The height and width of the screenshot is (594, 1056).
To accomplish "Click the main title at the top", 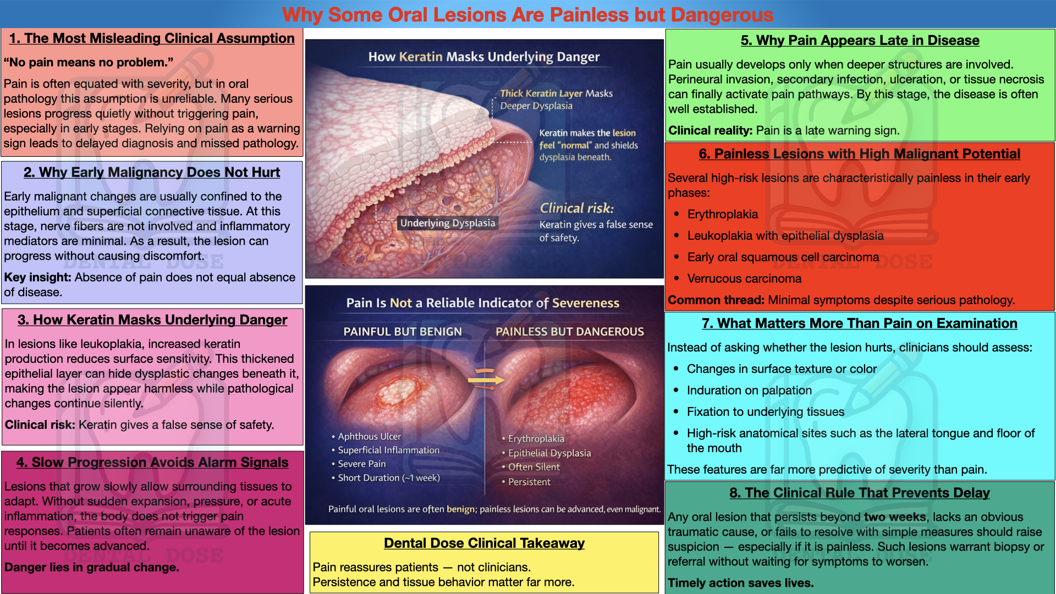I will tap(527, 15).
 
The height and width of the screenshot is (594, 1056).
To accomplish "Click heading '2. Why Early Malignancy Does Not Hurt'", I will tap(152, 173).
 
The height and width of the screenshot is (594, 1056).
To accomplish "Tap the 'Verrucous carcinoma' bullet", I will tap(744, 279).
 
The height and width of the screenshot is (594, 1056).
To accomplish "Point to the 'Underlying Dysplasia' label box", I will tap(447, 223).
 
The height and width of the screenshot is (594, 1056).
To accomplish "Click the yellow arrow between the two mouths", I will tap(485, 380).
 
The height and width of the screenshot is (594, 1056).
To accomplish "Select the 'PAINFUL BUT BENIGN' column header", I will tap(403, 332).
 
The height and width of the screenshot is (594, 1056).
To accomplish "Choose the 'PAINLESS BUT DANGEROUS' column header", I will tap(569, 332).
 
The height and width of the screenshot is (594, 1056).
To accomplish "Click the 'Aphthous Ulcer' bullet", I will tap(369, 437).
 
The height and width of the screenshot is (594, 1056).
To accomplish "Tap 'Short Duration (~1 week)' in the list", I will tap(388, 478).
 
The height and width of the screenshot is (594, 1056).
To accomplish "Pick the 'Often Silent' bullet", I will tap(533, 468).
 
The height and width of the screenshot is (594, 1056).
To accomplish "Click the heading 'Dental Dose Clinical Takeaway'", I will tap(484, 543).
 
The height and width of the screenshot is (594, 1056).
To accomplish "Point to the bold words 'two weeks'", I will tap(894, 518).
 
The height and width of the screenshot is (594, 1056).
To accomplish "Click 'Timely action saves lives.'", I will tap(740, 583).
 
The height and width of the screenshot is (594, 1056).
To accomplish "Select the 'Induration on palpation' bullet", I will tap(749, 391).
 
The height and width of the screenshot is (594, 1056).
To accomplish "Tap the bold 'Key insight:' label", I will tap(37, 278).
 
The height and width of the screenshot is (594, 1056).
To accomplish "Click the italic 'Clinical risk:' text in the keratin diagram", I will tap(576, 208).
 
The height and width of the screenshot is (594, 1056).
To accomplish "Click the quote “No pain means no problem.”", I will tap(89, 63).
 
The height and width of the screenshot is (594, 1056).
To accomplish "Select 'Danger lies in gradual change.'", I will tap(91, 568).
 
